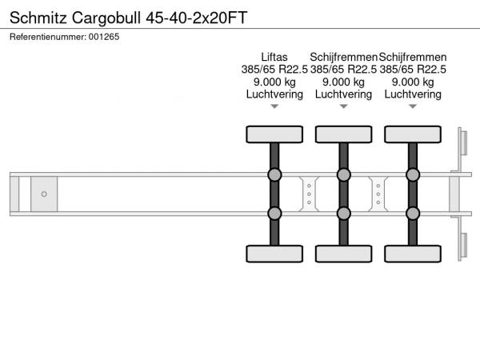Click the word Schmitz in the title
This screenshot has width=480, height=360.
tap(38, 18)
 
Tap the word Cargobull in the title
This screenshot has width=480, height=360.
tap(106, 18)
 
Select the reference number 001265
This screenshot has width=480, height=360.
tap(104, 37)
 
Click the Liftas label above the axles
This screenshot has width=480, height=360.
tap(274, 57)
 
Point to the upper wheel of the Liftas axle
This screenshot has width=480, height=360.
tap(274, 134)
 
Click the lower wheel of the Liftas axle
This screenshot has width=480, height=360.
tap(274, 254)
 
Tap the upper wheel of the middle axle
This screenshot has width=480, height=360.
tap(344, 134)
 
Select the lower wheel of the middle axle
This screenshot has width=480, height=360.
tap(344, 254)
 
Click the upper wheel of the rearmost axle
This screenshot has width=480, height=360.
tap(413, 134)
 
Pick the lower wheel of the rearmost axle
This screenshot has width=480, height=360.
tap(413, 254)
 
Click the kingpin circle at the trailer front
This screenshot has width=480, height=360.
tap(44, 194)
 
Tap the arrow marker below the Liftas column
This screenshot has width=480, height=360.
tap(274, 106)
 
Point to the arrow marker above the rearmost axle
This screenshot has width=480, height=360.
tap(413, 106)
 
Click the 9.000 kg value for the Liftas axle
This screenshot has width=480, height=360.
tap(274, 82)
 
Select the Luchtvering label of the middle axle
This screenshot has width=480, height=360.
tap(343, 94)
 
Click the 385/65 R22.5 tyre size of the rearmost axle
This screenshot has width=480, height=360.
tap(413, 70)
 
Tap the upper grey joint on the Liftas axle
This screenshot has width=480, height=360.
tap(274, 174)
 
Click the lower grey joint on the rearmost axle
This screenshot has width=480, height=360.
tap(413, 214)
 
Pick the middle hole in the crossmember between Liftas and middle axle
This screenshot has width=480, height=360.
tap(309, 194)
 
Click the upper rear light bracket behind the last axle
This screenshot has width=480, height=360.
tap(463, 143)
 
